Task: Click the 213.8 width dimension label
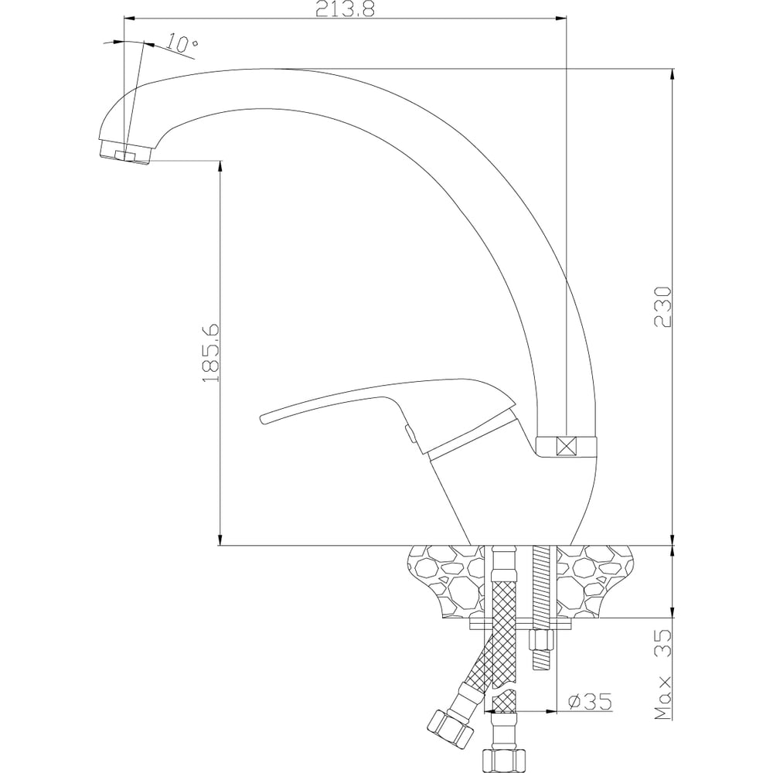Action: (x=345, y=9)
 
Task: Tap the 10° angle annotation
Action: (x=182, y=43)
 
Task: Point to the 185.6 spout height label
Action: (x=211, y=353)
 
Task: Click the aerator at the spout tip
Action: (x=124, y=152)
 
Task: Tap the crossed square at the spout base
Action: (x=566, y=447)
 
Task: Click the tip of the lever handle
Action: (x=262, y=419)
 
